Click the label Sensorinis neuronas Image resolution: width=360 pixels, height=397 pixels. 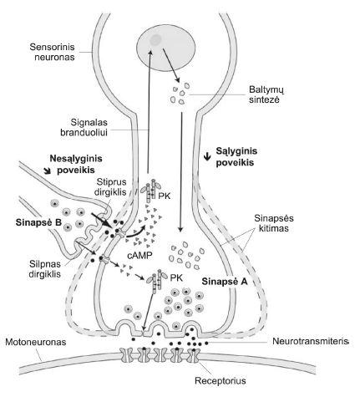(53, 52)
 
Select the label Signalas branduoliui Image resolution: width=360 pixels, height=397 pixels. (84, 127)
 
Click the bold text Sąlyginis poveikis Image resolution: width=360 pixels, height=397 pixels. (236, 156)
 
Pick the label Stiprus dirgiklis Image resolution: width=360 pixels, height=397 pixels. (111, 186)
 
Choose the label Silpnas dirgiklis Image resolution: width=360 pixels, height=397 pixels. (45, 269)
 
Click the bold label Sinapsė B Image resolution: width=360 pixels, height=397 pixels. (38, 222)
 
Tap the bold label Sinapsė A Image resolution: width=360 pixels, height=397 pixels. (225, 282)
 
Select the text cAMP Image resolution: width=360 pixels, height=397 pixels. (140, 255)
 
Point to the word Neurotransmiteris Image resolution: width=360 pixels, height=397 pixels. (311, 341)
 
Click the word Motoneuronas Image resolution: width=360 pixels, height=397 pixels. (36, 342)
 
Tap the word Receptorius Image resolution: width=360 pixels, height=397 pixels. (221, 380)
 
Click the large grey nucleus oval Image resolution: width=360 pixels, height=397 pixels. (166, 48)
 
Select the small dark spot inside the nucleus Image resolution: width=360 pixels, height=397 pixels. (155, 40)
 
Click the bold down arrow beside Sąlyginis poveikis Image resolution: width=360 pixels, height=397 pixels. (207, 157)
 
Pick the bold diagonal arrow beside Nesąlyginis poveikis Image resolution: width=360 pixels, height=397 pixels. (47, 171)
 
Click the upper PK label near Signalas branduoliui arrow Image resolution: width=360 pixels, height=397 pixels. (164, 196)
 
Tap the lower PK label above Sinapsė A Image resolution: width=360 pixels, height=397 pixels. (176, 277)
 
